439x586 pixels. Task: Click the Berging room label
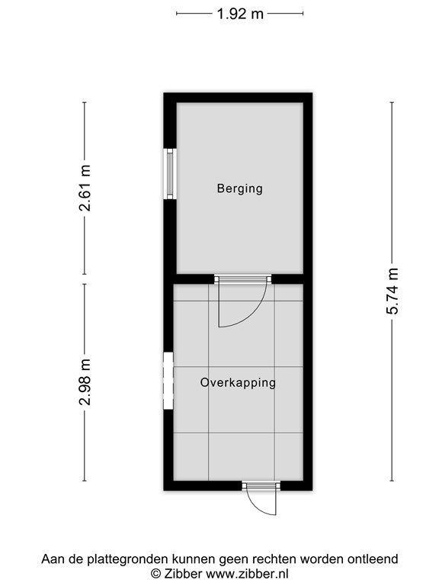click(x=239, y=188)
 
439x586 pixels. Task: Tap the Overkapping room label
click(x=238, y=383)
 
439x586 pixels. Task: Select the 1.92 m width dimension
click(x=240, y=14)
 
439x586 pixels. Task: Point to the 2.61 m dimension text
click(x=85, y=188)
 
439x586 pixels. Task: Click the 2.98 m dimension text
click(x=85, y=382)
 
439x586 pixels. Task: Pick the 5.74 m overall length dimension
click(x=393, y=291)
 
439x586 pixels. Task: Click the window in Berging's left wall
click(x=170, y=173)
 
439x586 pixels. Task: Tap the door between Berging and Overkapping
click(x=242, y=279)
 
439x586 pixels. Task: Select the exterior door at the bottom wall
click(x=261, y=486)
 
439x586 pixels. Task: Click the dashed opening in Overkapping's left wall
click(x=168, y=381)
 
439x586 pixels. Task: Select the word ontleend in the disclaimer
click(x=373, y=559)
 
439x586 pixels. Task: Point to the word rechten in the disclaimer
click(x=275, y=559)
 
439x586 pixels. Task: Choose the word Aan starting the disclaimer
click(x=52, y=559)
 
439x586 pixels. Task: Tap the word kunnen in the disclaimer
click(x=194, y=559)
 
